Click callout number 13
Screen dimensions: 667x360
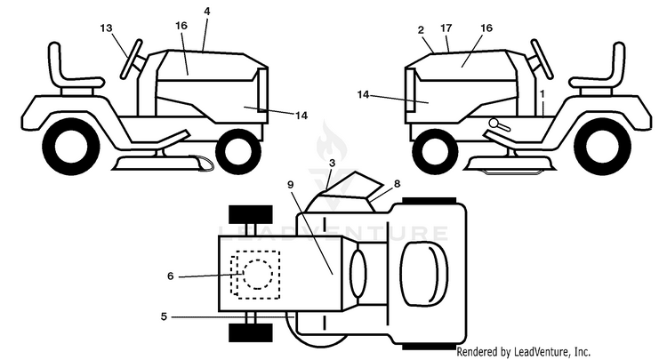(x=107, y=28)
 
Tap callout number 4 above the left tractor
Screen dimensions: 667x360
(x=206, y=12)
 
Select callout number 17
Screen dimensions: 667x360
(x=446, y=28)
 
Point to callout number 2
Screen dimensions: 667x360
(x=422, y=29)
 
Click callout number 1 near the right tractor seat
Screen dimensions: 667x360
(x=542, y=92)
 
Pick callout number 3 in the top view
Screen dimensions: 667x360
(x=333, y=163)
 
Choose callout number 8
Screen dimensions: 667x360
(x=398, y=184)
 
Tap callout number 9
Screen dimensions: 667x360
(x=291, y=185)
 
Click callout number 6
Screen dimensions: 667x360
(x=171, y=276)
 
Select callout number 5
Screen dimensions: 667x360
(x=165, y=316)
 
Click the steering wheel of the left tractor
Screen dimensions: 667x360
(x=131, y=59)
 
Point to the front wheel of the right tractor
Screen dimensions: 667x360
(x=435, y=151)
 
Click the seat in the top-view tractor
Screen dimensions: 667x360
(x=424, y=274)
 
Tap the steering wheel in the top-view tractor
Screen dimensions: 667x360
(x=358, y=275)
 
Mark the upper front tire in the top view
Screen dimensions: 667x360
(x=251, y=214)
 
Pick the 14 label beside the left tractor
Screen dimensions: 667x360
(x=301, y=116)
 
